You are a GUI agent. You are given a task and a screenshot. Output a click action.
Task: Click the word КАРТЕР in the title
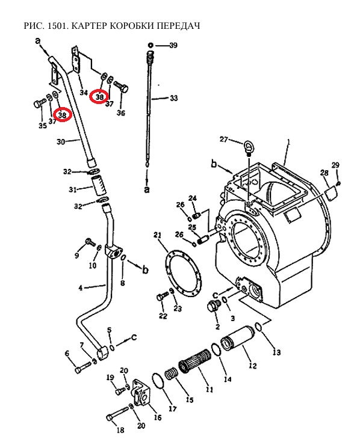[89, 26]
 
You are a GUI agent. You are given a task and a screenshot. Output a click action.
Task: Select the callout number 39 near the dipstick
[173, 45]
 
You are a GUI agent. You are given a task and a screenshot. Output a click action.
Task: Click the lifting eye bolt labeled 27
[248, 147]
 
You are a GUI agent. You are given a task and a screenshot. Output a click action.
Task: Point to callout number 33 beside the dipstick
[174, 98]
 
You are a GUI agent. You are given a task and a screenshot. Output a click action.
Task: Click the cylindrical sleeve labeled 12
[238, 338]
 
